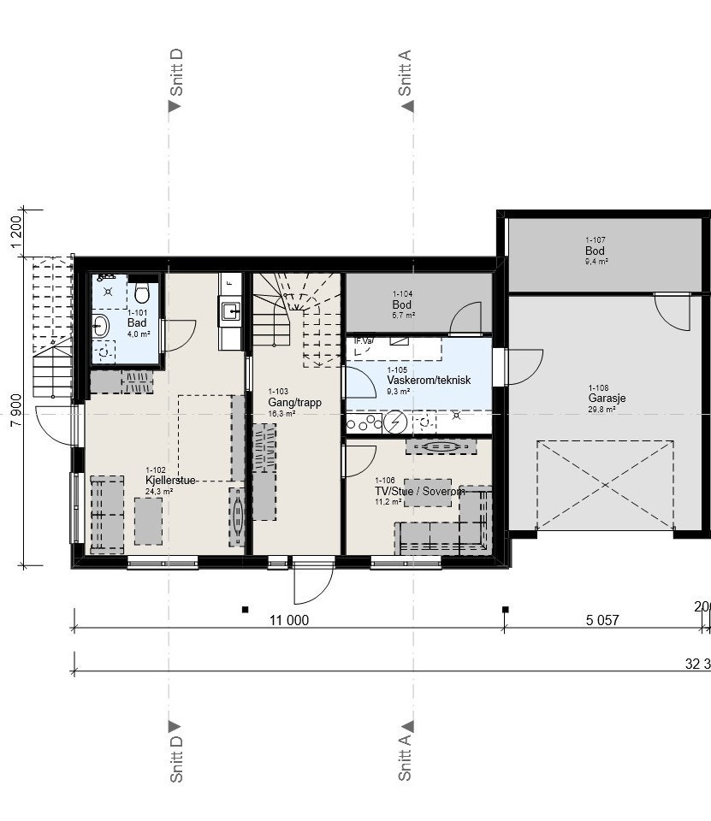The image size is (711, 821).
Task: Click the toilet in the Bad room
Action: [x=142, y=293]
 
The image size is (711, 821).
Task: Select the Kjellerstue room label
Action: [x=171, y=481]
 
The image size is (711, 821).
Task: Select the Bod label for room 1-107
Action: [x=595, y=251]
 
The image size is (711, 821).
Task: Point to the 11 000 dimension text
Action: [x=289, y=621]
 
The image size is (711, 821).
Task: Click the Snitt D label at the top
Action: [x=177, y=73]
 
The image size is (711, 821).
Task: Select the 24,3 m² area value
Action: [x=159, y=492]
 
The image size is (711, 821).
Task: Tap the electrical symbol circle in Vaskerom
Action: [x=395, y=422]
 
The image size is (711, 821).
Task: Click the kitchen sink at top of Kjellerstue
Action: [x=230, y=310]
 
